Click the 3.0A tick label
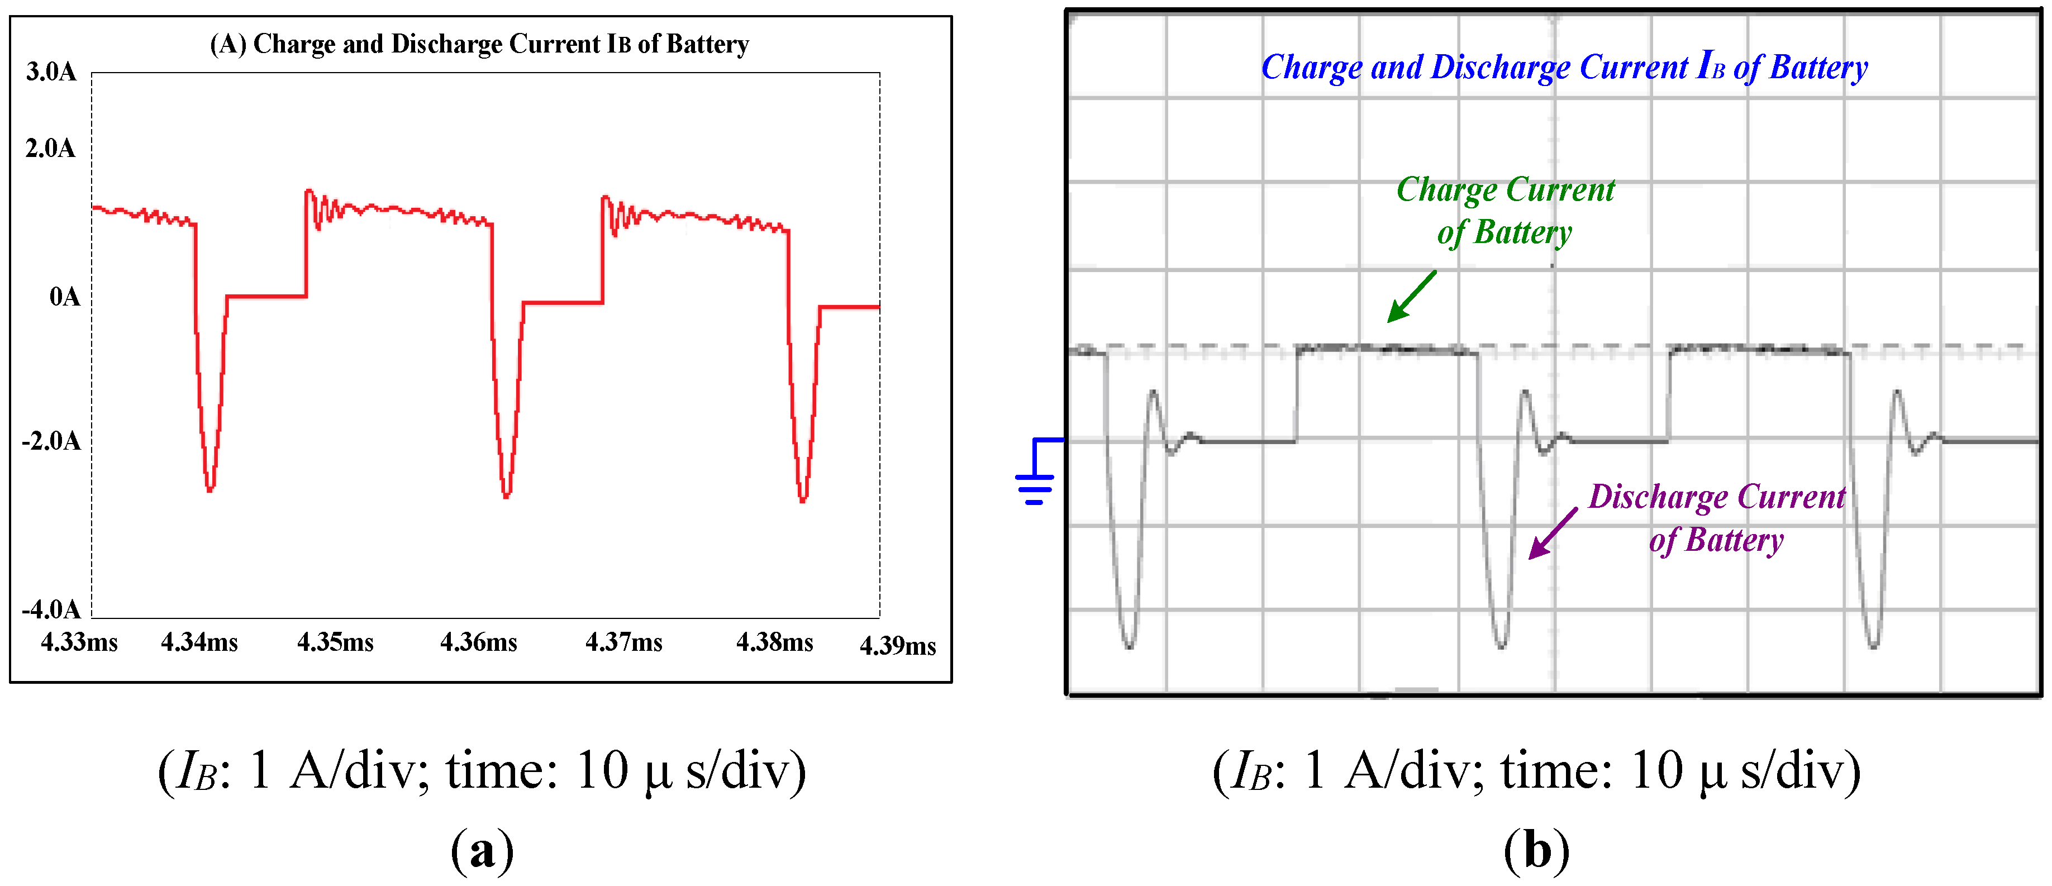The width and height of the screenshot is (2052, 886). pos(51,72)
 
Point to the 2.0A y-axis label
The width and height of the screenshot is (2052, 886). pos(50,148)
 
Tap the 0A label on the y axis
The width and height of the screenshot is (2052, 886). pos(64,297)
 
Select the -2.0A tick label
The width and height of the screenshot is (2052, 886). pos(51,441)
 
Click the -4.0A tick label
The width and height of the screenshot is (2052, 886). pos(51,609)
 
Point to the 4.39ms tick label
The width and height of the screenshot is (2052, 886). pos(898,645)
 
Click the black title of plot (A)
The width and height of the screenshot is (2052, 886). pos(479,44)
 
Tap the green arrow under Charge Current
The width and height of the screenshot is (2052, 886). pos(1412,297)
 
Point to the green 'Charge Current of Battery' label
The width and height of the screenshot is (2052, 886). pos(1505,211)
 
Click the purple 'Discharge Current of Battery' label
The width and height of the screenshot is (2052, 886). pos(1717,518)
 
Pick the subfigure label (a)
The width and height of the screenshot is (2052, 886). pos(482,851)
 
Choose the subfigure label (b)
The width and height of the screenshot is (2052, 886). pos(1536,851)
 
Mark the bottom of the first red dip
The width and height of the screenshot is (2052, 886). pos(210,490)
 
